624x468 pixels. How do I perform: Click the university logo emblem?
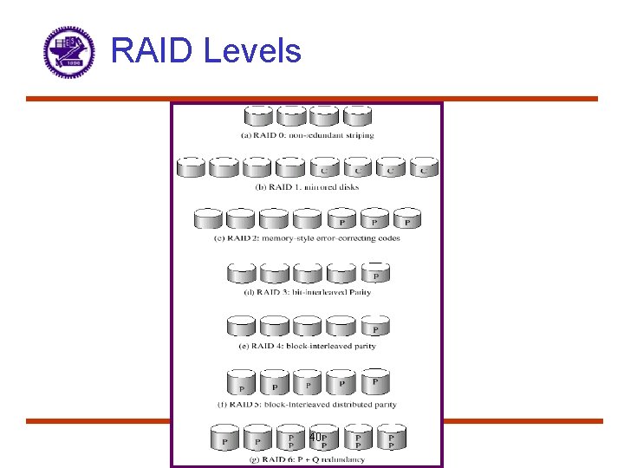[68, 52]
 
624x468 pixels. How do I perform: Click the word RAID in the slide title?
[153, 50]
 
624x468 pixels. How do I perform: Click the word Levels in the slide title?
[252, 50]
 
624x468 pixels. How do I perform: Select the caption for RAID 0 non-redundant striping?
[307, 135]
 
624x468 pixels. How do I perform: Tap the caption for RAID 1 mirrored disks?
[307, 186]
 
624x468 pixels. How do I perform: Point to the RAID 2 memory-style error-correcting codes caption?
[307, 238]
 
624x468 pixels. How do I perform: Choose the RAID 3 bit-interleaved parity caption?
[307, 292]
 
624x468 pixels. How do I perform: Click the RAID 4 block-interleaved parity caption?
[307, 346]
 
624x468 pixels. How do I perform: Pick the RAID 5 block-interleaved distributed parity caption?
[307, 404]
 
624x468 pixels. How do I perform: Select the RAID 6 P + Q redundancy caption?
[307, 458]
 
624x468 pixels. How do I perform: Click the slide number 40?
[315, 438]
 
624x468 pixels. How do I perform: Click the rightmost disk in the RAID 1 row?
[424, 167]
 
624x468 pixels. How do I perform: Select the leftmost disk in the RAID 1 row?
[191, 167]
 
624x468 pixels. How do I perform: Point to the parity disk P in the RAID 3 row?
[375, 274]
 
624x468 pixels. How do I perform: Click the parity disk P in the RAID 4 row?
[375, 327]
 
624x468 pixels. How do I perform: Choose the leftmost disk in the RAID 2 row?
[208, 219]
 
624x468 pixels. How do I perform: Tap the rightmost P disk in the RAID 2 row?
[407, 219]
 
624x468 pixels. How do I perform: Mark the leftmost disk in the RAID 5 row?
[242, 384]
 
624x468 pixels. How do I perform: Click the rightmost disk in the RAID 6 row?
[391, 439]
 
